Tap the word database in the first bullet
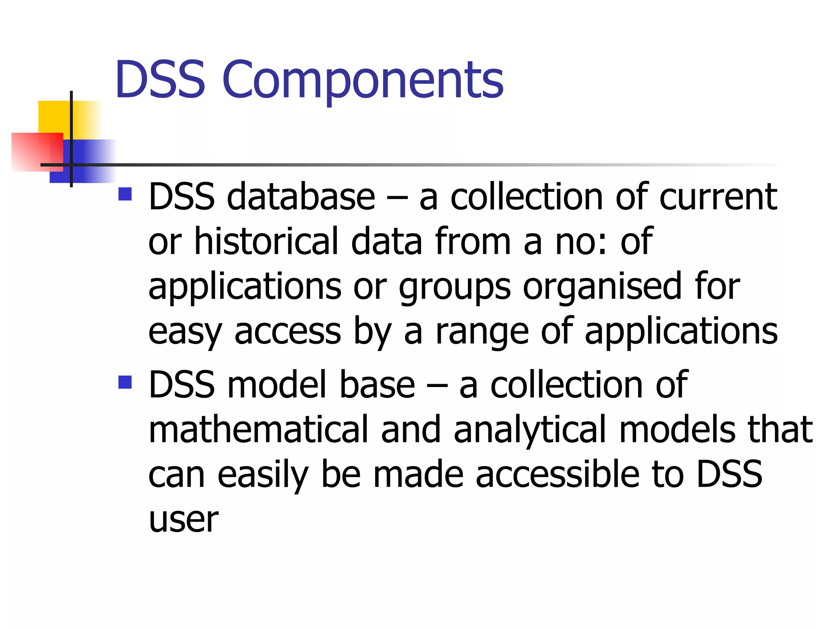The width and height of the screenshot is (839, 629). point(301,197)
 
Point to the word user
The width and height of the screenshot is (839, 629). point(184,520)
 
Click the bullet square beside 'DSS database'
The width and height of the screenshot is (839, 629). point(125,194)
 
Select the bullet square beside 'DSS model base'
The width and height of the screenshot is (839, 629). point(125,382)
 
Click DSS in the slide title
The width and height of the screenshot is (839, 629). point(160,80)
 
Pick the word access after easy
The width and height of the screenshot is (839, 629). point(288,332)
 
